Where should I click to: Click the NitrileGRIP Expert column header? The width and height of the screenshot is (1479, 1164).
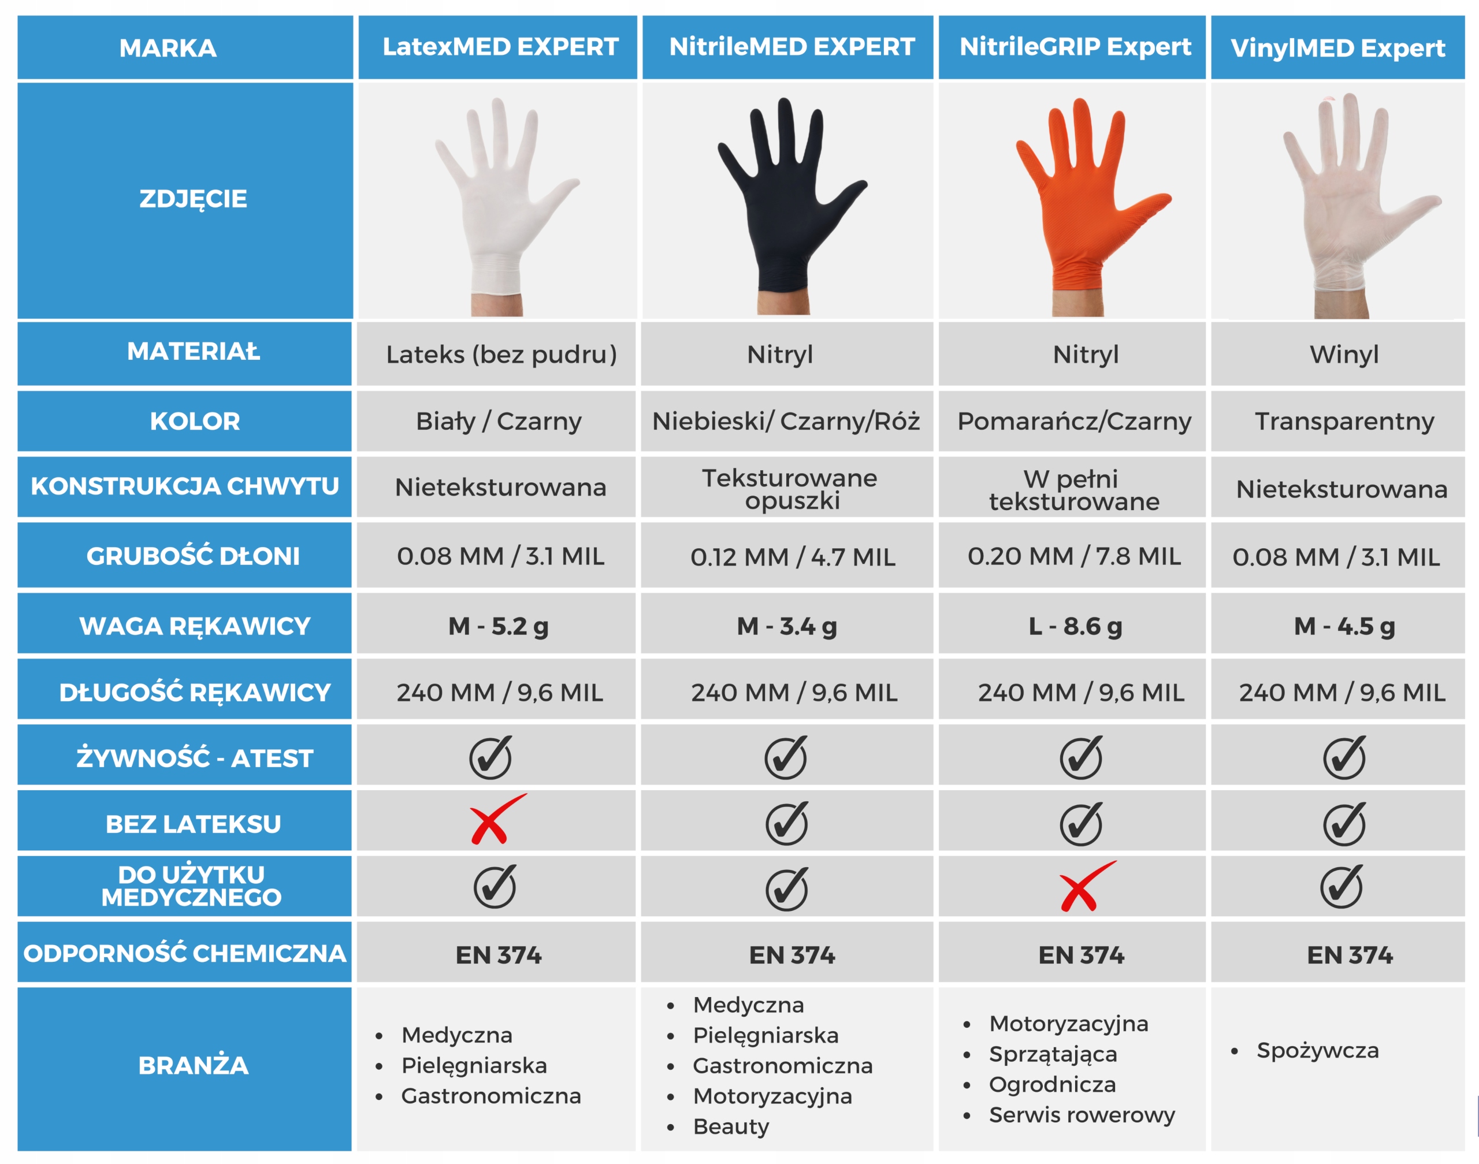point(1074,47)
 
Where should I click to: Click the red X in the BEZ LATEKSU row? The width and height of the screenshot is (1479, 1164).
point(496,820)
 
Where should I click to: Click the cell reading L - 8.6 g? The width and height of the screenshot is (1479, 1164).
point(1075,626)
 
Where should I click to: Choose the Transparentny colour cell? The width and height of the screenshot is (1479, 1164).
point(1343,421)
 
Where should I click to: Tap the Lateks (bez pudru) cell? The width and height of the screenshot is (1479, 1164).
point(501,354)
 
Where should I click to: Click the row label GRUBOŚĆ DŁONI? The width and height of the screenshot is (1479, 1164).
point(193,556)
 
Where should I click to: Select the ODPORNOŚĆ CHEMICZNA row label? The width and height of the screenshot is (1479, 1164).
point(185,953)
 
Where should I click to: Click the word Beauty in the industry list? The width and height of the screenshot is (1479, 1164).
point(731,1126)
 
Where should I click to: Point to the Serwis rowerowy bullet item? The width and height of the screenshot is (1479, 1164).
point(1081,1115)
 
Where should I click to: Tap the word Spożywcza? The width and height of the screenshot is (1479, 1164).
point(1317,1051)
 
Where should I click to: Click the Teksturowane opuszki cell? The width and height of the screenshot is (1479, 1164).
point(789,489)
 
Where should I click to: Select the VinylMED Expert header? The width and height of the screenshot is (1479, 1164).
point(1337,48)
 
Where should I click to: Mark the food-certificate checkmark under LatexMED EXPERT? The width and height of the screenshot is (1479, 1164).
point(490,757)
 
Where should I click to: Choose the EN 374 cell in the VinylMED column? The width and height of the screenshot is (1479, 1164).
point(1349,955)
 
